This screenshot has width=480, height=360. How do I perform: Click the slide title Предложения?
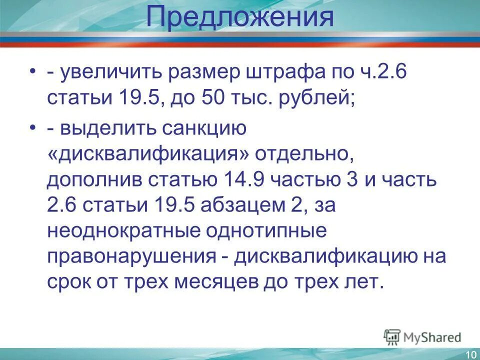click(240, 18)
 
